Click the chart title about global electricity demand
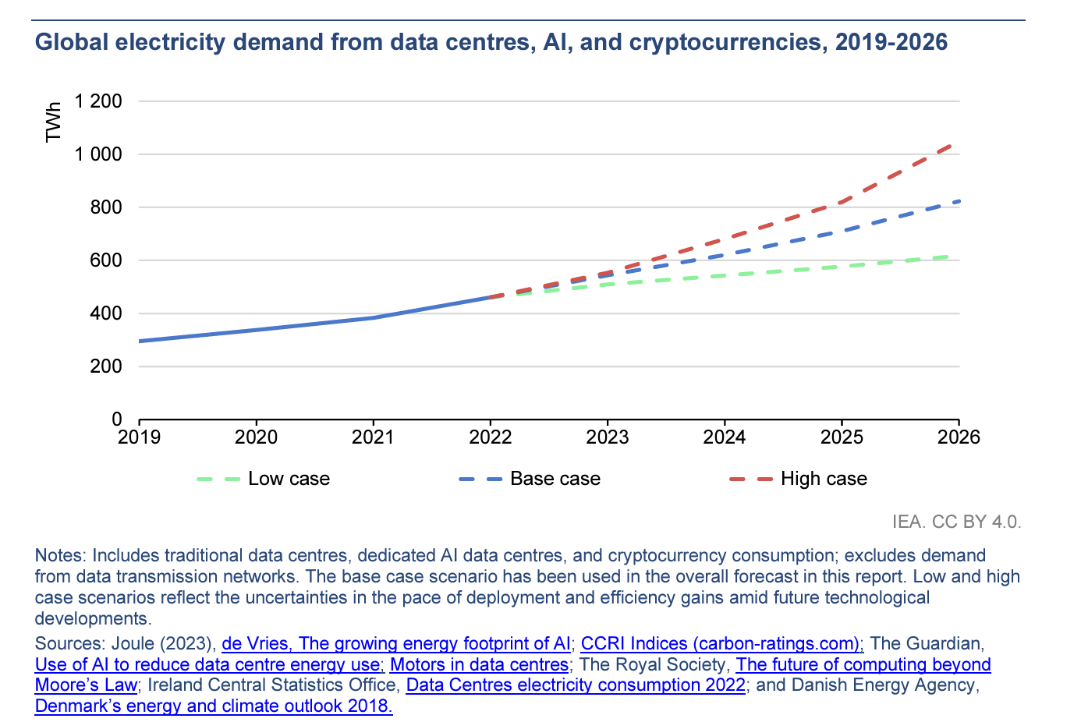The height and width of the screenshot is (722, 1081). (x=491, y=42)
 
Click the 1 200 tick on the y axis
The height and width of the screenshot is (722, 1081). (x=98, y=101)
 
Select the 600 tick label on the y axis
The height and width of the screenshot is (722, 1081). (x=106, y=260)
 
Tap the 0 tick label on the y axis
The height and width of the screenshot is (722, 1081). (x=116, y=419)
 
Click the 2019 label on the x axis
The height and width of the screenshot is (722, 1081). (x=139, y=437)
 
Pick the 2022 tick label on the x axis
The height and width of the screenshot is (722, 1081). (x=490, y=437)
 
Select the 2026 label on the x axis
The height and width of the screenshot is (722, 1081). (x=959, y=437)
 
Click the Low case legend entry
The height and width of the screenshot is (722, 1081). (x=264, y=479)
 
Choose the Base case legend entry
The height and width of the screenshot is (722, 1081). (x=530, y=479)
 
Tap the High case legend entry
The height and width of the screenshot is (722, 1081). (x=799, y=479)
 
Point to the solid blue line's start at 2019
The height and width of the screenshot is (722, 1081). (x=140, y=341)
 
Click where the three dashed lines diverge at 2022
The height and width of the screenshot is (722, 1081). (x=491, y=296)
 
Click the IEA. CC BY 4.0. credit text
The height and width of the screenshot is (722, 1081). (x=956, y=522)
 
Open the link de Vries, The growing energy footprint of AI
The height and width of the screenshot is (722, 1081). (x=396, y=643)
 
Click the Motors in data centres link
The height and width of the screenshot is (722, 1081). (x=479, y=664)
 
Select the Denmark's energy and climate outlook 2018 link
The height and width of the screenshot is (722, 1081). (x=214, y=706)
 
